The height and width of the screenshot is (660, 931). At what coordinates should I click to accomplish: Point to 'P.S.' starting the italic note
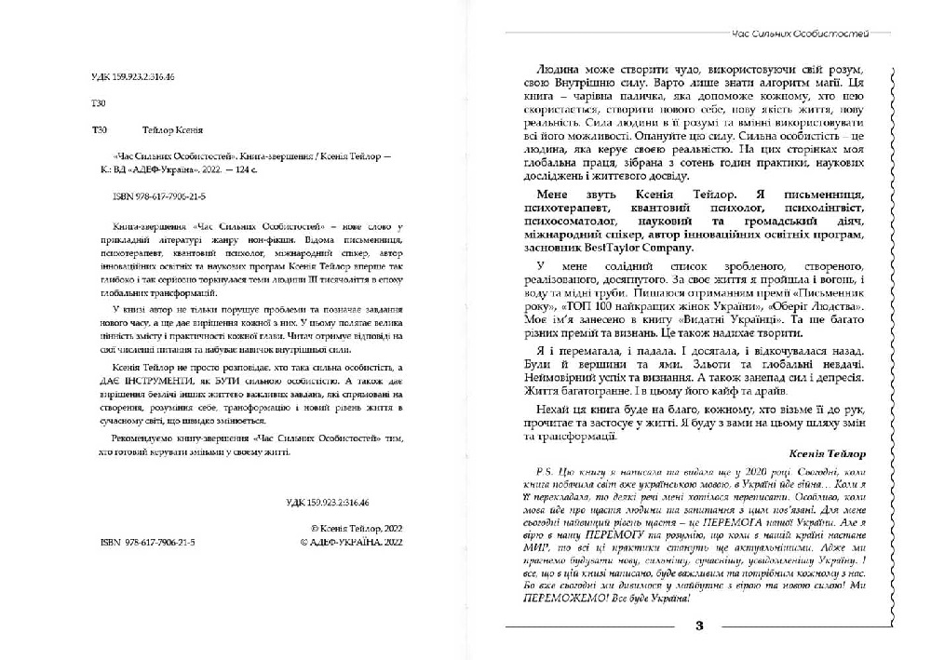[535, 472]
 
